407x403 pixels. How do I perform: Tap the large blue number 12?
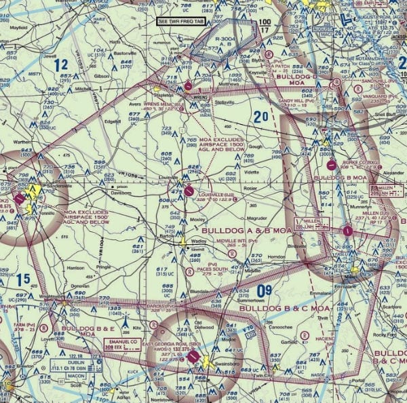(62, 65)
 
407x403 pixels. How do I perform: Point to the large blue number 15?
(23, 279)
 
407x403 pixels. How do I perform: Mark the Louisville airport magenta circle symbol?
(189, 191)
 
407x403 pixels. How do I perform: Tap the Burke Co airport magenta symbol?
(331, 164)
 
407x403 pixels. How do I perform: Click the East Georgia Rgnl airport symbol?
(193, 356)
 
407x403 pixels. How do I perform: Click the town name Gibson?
(102, 75)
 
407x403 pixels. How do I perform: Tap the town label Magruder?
(256, 218)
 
